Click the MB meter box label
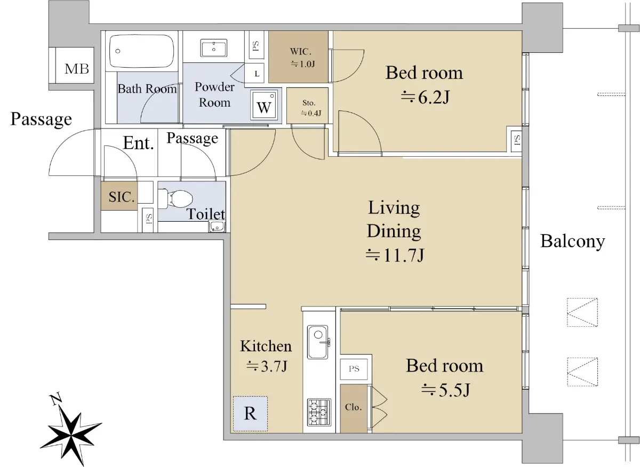click(77, 69)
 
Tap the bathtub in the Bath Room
click(142, 51)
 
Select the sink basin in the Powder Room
click(214, 48)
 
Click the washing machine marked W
click(263, 105)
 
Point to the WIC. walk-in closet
click(298, 57)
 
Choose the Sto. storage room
click(307, 106)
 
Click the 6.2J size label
click(425, 98)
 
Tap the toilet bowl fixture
click(175, 198)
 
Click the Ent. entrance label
click(138, 143)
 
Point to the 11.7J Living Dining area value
click(395, 255)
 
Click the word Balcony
click(573, 241)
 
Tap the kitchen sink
click(318, 342)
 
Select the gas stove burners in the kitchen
click(319, 412)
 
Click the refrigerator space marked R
click(250, 414)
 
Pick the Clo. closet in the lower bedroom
click(354, 408)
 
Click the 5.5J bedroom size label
click(446, 390)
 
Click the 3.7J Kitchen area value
click(267, 366)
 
